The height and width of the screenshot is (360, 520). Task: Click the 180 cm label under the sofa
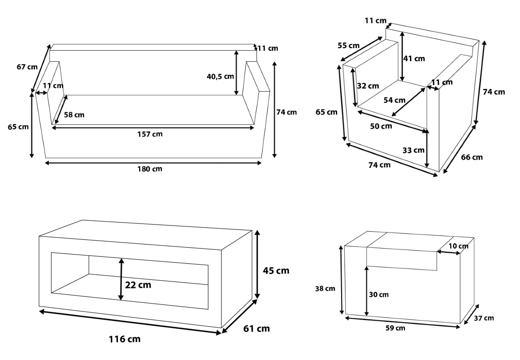[150, 169]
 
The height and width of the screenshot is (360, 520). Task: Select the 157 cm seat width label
[150, 134]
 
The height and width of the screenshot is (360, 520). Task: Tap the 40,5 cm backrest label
[220, 76]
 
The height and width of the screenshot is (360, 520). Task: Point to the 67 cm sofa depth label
[27, 67]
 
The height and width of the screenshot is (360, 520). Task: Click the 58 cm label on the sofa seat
[74, 115]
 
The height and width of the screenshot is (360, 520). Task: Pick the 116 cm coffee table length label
[125, 339]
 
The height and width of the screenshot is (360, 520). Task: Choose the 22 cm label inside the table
[138, 285]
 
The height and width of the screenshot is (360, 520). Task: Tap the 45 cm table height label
[276, 271]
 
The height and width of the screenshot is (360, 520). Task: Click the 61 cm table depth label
[257, 329]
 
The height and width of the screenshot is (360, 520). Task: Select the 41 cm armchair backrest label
[414, 59]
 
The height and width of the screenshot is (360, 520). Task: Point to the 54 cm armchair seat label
[394, 100]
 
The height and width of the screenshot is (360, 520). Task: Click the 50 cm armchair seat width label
[381, 126]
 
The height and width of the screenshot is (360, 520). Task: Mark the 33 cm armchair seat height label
[413, 151]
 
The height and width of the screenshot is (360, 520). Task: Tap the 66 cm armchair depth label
[472, 157]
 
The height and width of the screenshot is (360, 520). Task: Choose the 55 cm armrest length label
[348, 46]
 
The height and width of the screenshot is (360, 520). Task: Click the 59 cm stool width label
[395, 328]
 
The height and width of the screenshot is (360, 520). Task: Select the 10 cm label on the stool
[458, 246]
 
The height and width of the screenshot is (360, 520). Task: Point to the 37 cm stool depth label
[484, 318]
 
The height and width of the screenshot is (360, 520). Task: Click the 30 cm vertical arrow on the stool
[367, 291]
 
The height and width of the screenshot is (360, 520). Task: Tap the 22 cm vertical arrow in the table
[121, 279]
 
